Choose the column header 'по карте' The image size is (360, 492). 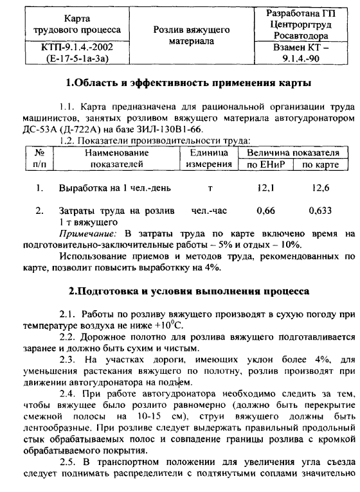319,164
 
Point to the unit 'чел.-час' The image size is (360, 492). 208,210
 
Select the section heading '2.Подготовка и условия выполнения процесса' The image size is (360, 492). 190,291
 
